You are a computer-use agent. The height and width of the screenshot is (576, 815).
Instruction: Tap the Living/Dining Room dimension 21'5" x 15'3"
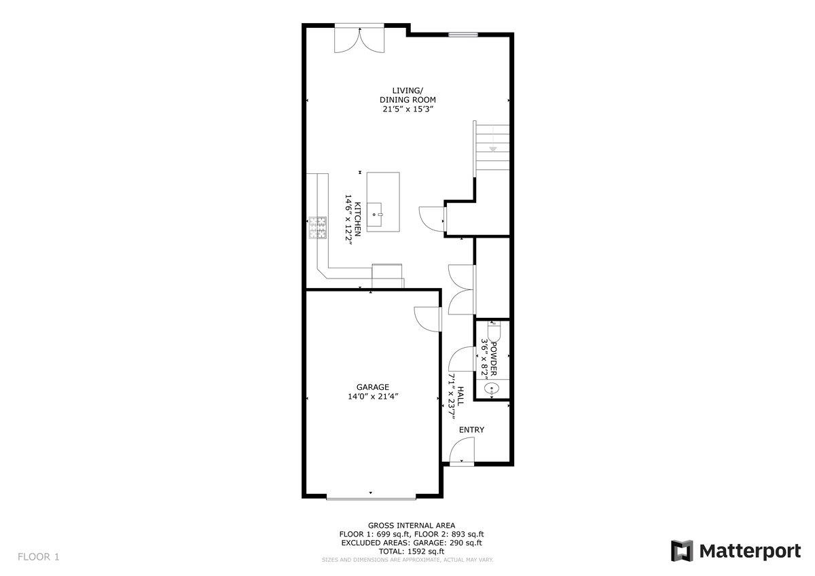tap(407, 109)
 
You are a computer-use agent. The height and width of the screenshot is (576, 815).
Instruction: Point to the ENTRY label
tap(471, 430)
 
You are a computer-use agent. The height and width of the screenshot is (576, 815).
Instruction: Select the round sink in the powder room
tap(491, 389)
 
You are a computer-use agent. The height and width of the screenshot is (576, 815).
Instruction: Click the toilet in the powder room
tap(492, 333)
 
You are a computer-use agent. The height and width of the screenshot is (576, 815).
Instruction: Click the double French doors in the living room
tap(359, 39)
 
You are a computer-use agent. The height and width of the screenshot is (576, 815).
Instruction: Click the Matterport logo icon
tap(681, 551)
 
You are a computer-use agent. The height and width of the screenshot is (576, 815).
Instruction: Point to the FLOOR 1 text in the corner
tap(39, 557)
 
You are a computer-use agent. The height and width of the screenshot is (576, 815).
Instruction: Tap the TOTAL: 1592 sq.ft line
tap(407, 552)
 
